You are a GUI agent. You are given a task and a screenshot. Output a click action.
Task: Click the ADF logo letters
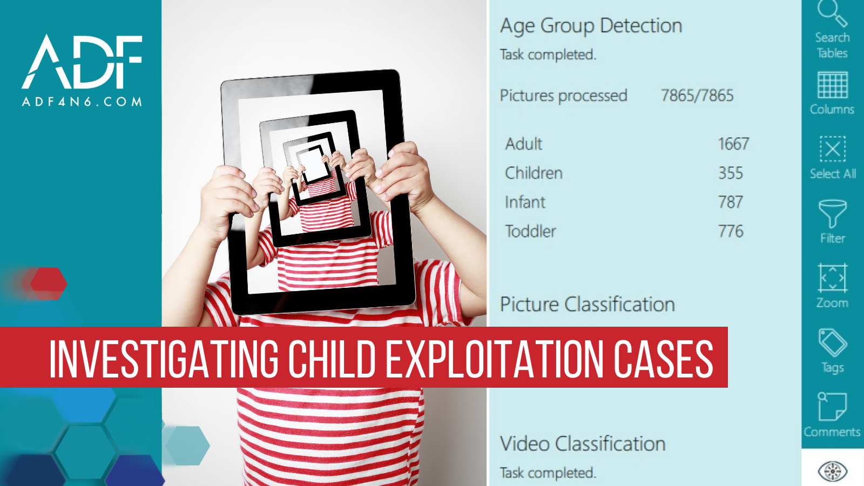point(82,62)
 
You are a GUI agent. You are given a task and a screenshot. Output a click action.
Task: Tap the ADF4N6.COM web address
point(82,102)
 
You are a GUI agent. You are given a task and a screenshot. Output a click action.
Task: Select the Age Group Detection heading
point(591,26)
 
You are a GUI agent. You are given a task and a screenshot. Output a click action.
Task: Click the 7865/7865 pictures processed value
point(697,96)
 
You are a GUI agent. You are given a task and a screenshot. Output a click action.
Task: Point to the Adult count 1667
point(733,144)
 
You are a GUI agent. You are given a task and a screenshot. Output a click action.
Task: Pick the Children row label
point(534,173)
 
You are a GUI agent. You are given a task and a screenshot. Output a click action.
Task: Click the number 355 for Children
point(730,173)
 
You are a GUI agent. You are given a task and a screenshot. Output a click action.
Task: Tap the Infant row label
point(525,202)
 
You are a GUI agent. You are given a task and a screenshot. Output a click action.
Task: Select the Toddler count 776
point(730,231)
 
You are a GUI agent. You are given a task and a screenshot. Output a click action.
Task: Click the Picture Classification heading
point(587,305)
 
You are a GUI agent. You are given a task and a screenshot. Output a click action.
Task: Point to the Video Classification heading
point(582,444)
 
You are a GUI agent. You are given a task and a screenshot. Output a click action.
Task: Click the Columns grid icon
point(832,85)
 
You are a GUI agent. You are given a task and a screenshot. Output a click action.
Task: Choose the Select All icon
point(832,149)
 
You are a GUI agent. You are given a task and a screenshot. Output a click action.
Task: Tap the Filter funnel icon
point(832,214)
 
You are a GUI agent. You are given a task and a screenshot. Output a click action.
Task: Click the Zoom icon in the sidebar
point(832,278)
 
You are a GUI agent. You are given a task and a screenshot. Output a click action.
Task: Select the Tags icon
point(832,342)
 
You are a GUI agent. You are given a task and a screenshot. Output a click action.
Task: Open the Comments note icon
point(832,407)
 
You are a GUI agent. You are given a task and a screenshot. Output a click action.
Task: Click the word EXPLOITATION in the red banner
point(495,359)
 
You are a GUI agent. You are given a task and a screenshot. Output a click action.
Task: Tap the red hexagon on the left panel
point(48,283)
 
